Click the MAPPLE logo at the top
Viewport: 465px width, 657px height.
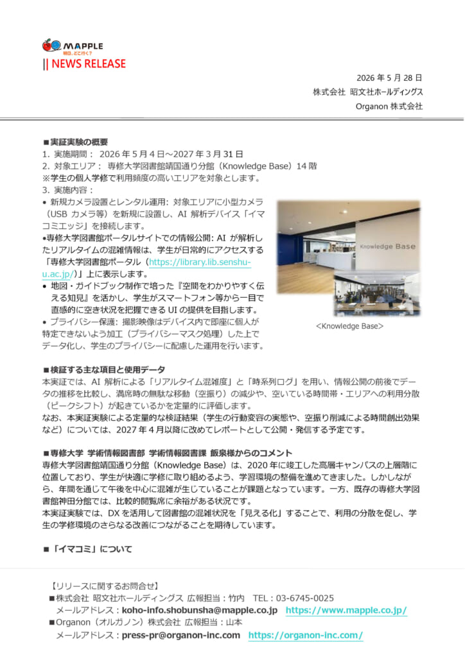(73, 46)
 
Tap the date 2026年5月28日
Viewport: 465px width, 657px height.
(389, 78)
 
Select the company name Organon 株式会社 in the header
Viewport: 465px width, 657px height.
(389, 107)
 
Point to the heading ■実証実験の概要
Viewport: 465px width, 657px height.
(76, 142)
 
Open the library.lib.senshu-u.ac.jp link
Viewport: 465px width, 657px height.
(146, 268)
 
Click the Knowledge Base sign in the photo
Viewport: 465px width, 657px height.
(388, 246)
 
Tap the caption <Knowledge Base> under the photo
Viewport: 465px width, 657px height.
(349, 326)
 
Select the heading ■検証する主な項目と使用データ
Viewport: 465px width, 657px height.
(104, 370)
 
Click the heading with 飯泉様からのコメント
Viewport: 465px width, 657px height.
(168, 453)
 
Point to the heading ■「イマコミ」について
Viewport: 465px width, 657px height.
(87, 549)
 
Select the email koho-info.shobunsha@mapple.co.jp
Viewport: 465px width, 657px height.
(200, 610)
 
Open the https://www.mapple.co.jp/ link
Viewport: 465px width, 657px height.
(346, 611)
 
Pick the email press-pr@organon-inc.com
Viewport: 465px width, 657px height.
(180, 635)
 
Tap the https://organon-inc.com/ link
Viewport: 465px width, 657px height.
(306, 635)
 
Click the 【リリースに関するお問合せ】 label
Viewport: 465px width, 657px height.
(104, 586)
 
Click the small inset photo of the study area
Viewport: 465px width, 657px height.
(377, 294)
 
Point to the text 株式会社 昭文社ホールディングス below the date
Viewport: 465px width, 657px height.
(368, 92)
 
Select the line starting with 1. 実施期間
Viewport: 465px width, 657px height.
(143, 154)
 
